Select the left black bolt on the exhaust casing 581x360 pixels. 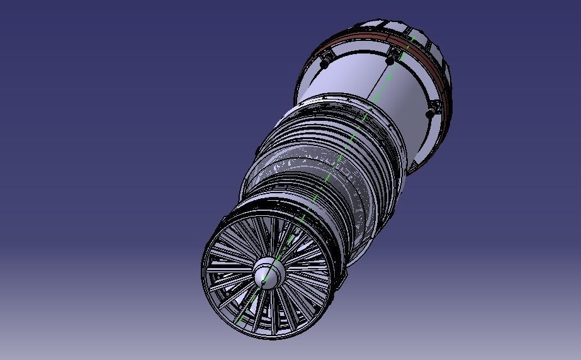coord(325,64)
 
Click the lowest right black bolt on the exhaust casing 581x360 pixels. coord(431,114)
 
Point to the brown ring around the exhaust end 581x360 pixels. coord(378,42)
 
